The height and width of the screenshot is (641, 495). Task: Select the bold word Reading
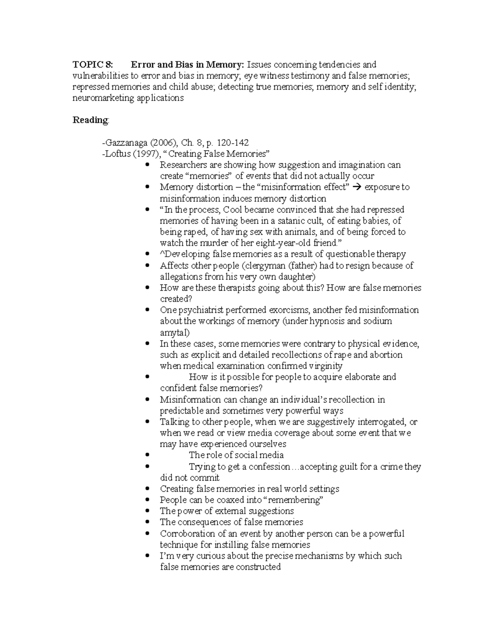click(90, 120)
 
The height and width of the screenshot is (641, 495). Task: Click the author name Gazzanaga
click(126, 143)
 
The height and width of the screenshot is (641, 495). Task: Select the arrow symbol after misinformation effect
click(357, 187)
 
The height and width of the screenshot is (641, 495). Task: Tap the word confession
click(270, 467)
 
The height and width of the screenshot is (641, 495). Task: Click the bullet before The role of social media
click(147, 455)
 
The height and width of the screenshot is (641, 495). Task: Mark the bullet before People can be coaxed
click(147, 500)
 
